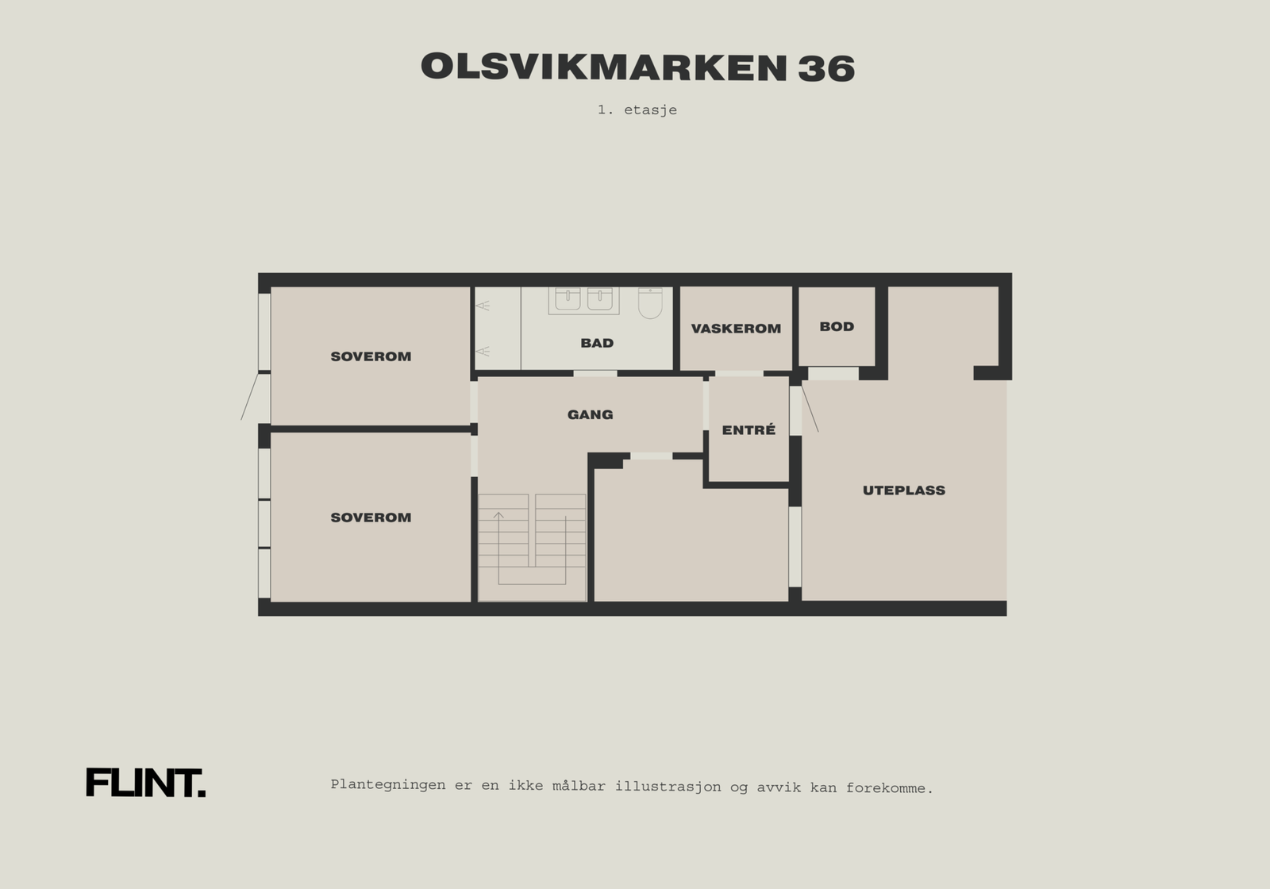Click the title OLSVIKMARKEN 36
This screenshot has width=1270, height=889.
637,68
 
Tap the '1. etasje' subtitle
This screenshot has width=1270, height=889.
637,110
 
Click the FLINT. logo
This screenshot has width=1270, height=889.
145,783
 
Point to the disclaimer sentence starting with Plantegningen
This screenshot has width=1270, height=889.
632,787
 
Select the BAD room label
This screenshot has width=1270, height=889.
597,343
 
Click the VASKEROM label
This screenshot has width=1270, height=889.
736,329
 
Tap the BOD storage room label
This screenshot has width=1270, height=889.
837,326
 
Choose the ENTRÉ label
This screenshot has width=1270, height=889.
749,430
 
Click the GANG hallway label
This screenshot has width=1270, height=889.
590,414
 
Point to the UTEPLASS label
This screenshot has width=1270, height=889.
904,491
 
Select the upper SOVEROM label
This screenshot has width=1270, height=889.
371,356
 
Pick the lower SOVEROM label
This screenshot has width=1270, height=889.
371,518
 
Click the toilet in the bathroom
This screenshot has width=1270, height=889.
650,302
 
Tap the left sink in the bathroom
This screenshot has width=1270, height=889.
568,298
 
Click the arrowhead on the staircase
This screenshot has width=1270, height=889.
498,516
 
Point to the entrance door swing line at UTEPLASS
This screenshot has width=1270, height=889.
810,407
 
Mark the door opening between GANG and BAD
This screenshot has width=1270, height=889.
595,373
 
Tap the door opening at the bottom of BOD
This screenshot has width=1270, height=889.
833,373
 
